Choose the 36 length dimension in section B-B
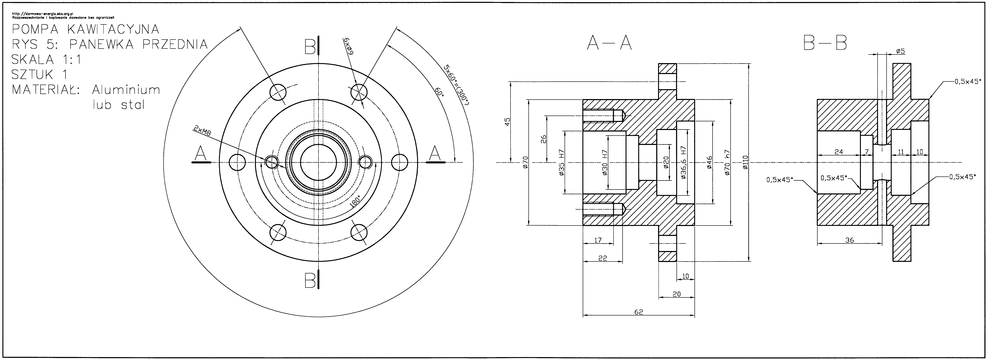click(849, 240)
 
